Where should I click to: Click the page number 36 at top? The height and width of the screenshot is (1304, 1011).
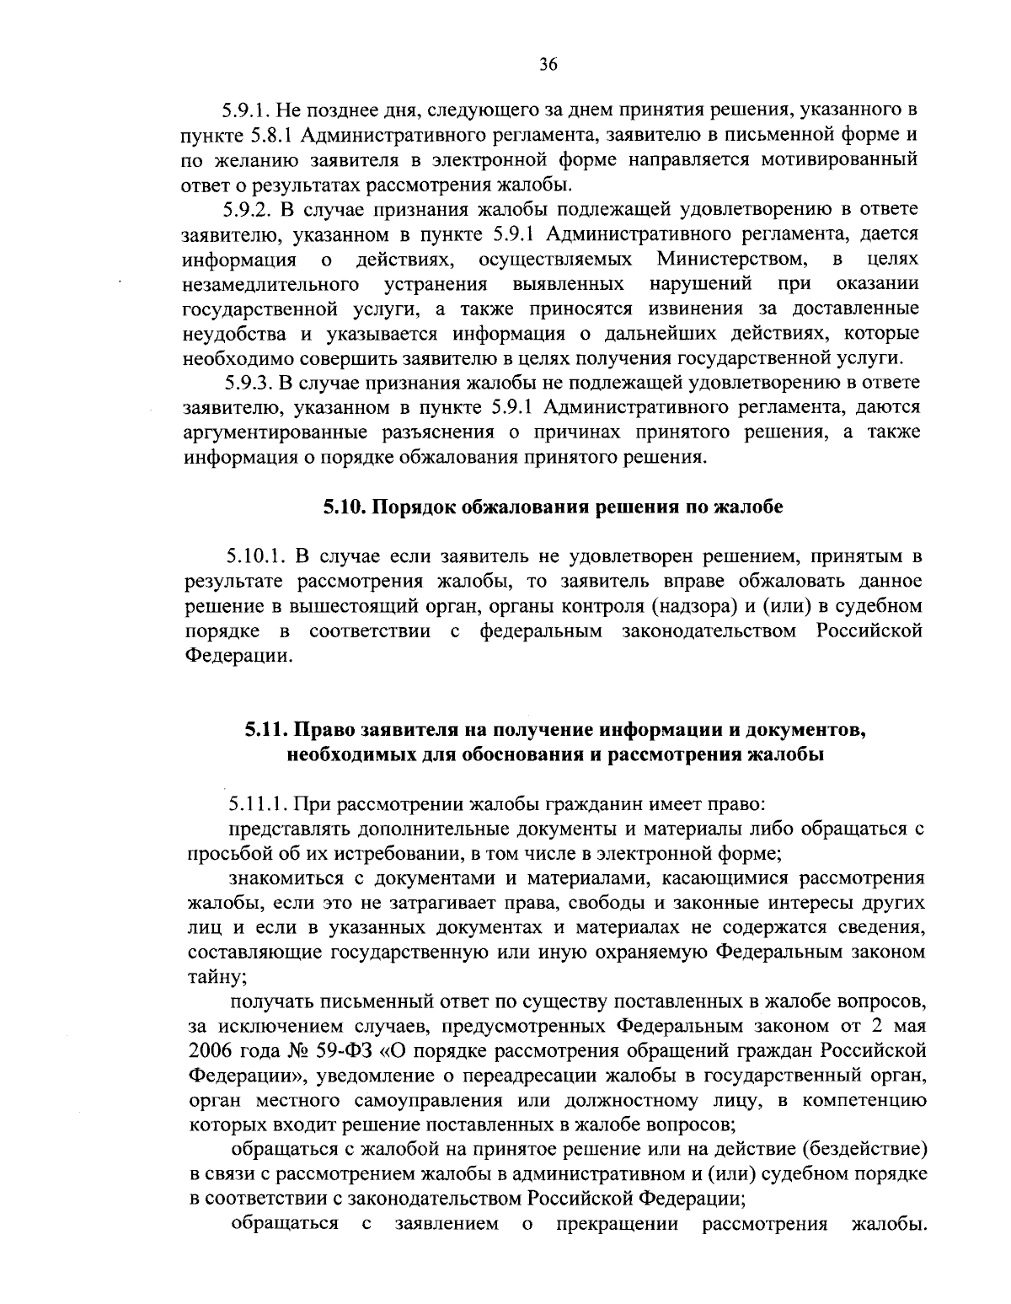click(548, 66)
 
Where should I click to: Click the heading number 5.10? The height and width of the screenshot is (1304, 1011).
click(343, 507)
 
